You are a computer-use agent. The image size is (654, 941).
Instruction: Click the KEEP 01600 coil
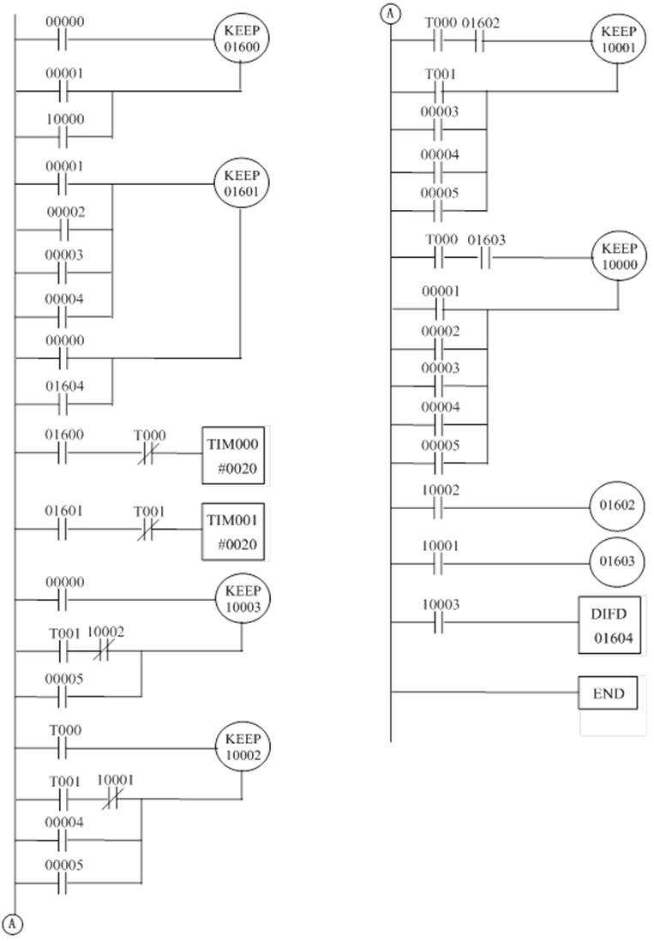pyautogui.click(x=241, y=39)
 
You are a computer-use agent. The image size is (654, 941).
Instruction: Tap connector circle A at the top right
pyautogui.click(x=390, y=13)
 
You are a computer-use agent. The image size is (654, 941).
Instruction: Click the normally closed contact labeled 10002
pyautogui.click(x=109, y=651)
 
